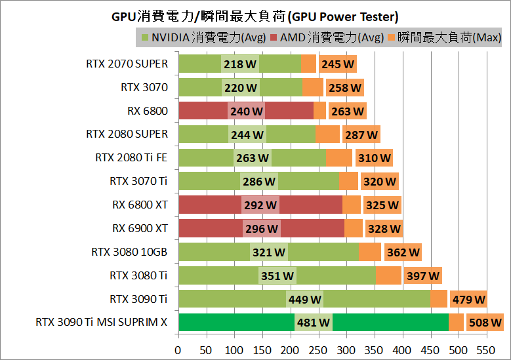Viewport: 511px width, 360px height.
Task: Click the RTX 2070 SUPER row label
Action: (x=127, y=64)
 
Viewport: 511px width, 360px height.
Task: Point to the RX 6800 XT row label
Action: (x=140, y=205)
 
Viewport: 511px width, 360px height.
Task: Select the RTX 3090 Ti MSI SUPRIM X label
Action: (x=102, y=322)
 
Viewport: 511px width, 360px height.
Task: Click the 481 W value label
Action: (x=313, y=323)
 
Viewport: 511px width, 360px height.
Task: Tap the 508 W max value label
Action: (x=485, y=323)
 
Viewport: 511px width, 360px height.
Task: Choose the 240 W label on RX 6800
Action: (x=246, y=111)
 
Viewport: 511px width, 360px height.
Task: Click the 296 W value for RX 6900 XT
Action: (x=262, y=229)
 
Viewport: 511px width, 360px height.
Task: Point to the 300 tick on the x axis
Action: (x=346, y=350)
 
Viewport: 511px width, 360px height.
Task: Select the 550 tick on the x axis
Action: (x=487, y=350)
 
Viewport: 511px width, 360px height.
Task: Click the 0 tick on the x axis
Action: (x=178, y=350)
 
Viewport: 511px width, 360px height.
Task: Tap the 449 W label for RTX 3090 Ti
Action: (x=304, y=300)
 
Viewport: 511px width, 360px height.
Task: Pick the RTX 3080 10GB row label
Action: (x=130, y=252)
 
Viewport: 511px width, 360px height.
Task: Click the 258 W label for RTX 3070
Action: (x=345, y=88)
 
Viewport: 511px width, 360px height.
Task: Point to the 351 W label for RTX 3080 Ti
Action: (x=277, y=276)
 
